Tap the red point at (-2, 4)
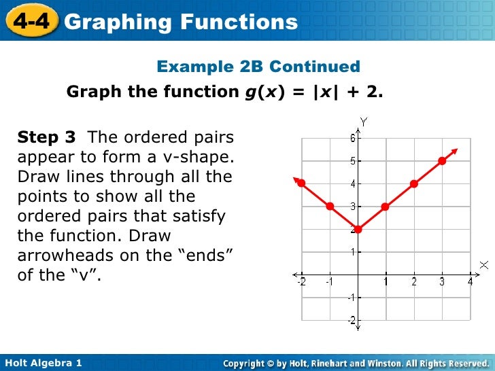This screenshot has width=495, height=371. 301,183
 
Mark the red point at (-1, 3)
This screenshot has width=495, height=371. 329,206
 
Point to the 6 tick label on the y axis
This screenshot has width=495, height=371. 352,138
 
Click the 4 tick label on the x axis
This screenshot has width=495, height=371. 470,282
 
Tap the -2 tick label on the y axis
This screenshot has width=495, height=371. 351,320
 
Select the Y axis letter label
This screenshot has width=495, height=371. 364,122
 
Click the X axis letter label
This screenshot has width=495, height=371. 483,264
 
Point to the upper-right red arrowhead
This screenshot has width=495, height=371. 455,151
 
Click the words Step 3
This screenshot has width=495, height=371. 46,138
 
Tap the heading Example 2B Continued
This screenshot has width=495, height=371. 258,67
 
